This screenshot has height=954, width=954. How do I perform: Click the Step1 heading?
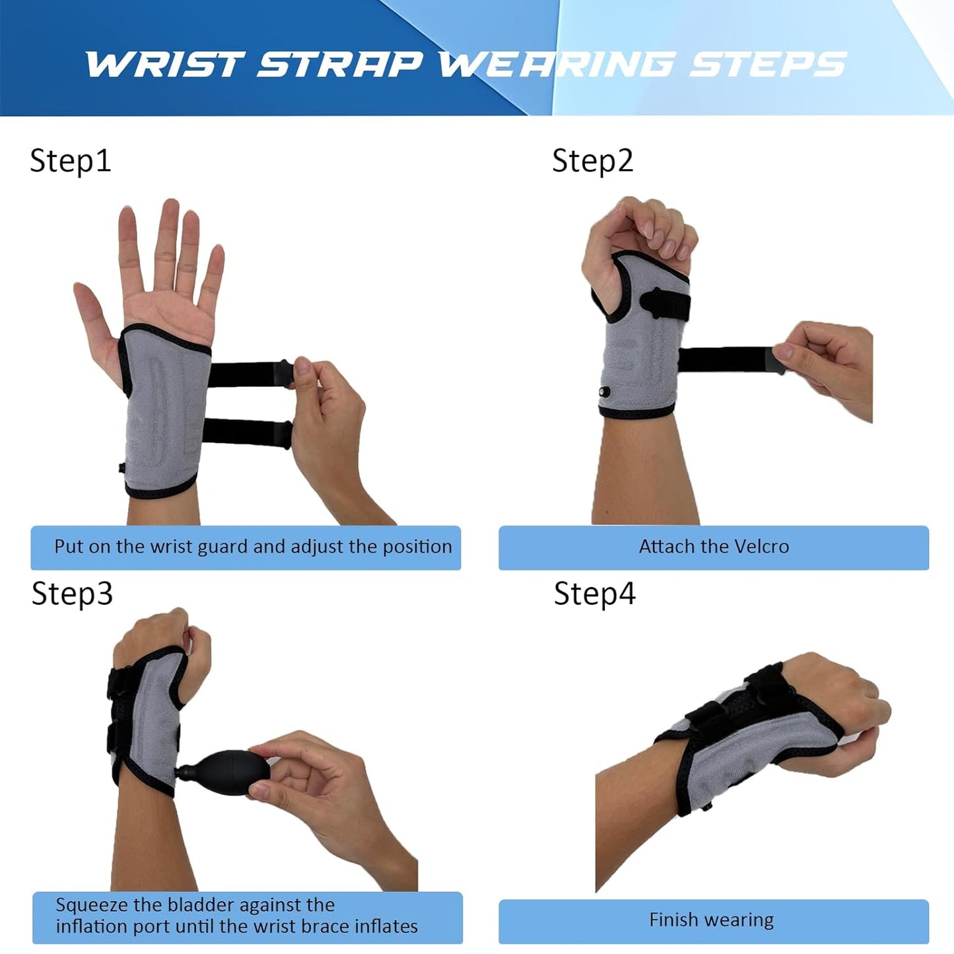(71, 161)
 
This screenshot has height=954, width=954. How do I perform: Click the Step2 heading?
(592, 161)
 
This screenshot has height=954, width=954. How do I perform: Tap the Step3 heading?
(72, 594)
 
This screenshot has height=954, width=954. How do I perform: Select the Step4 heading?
(594, 594)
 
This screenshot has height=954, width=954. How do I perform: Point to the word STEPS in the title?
(768, 65)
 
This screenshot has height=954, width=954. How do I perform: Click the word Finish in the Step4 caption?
(673, 920)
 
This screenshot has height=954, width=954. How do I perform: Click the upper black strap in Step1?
(248, 374)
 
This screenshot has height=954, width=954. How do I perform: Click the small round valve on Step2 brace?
(604, 393)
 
